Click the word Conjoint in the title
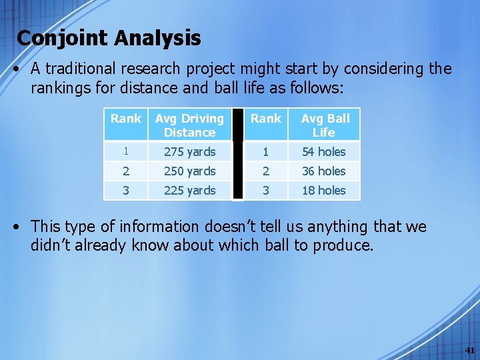click(63, 38)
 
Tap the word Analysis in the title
click(157, 38)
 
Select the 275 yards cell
click(190, 151)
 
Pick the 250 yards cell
click(190, 171)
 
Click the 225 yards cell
click(190, 190)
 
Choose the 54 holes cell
click(324, 151)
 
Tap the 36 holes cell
click(324, 171)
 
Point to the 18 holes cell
click(324, 190)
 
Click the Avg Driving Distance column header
click(190, 125)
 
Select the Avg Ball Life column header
click(325, 125)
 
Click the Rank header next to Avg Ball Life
click(266, 119)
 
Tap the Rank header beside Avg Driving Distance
click(126, 119)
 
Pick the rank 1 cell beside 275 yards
click(126, 151)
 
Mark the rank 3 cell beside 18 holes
click(266, 190)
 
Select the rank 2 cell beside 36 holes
click(266, 171)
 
